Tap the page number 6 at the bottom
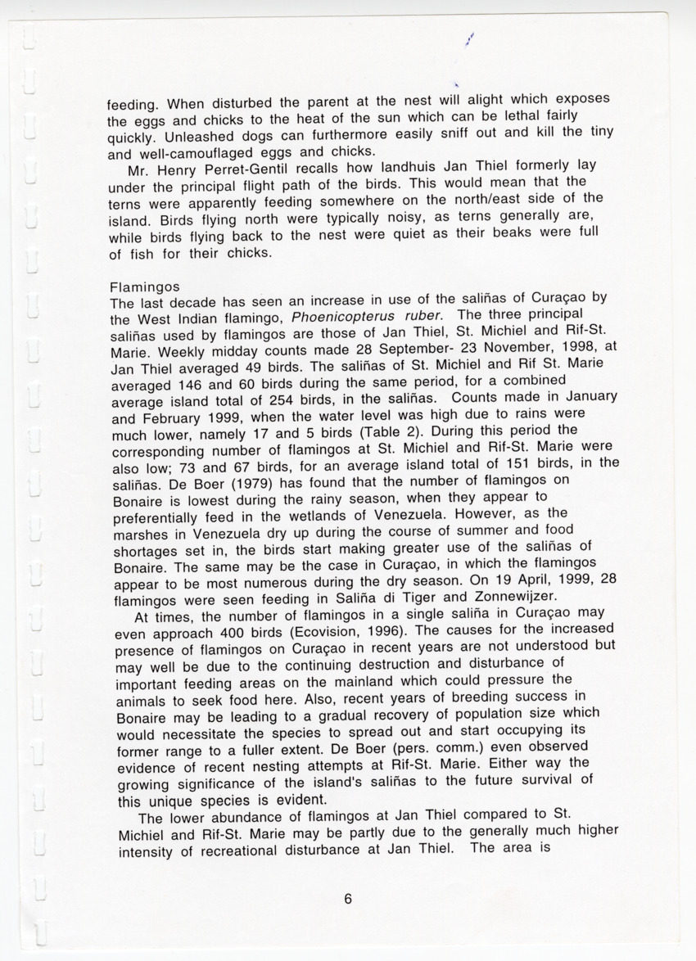click(348, 899)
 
